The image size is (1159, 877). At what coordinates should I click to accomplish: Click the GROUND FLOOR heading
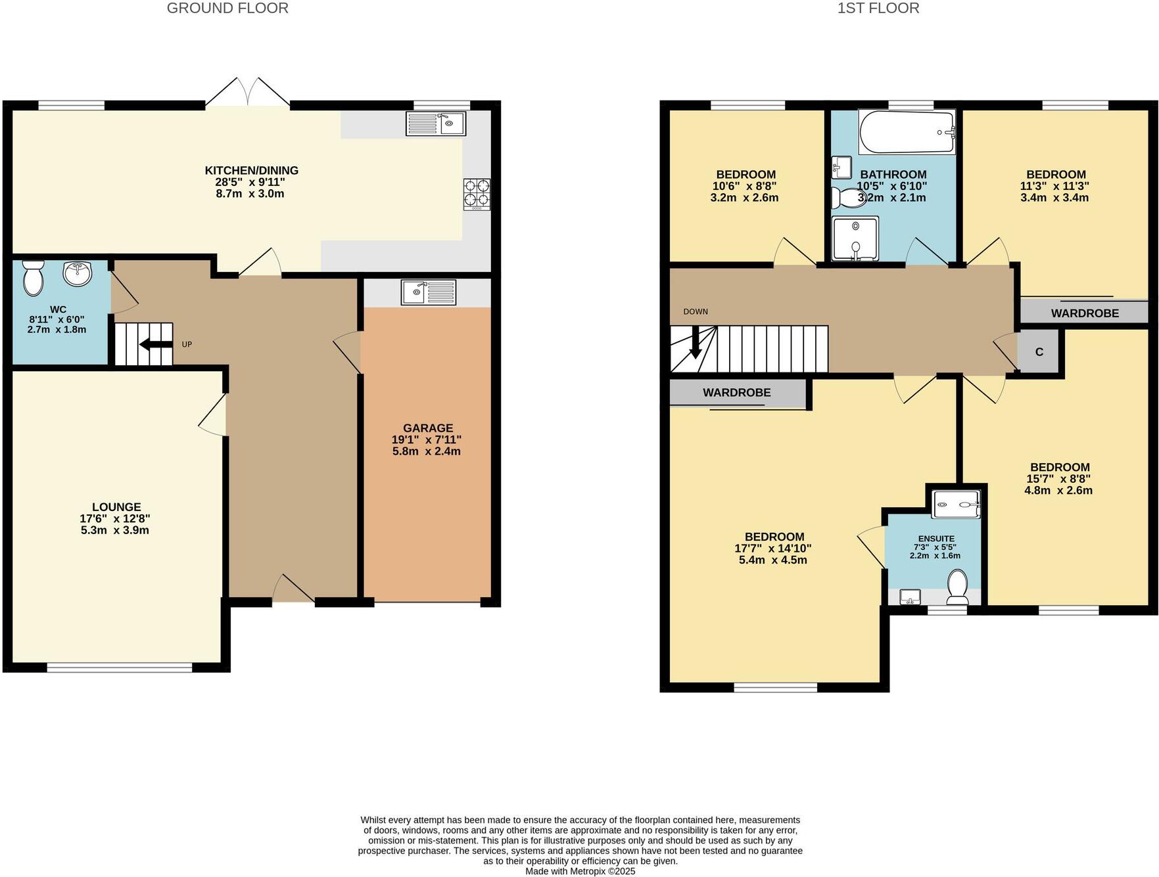[227, 9]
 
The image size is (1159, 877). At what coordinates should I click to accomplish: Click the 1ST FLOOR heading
[878, 9]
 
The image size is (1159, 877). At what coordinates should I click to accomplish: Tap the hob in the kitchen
[477, 194]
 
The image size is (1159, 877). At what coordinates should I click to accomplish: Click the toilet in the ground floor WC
[32, 278]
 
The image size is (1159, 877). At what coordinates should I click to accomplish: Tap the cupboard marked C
[1039, 352]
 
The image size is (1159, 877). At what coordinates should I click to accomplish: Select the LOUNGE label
[116, 507]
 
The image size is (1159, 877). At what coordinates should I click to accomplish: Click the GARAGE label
[428, 428]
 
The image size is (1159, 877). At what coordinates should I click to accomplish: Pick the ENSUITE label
[936, 539]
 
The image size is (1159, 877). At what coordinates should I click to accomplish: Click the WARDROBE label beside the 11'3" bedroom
[1085, 313]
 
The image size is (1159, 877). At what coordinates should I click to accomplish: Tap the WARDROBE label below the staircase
[736, 393]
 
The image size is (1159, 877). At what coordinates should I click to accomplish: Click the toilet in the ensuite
[957, 586]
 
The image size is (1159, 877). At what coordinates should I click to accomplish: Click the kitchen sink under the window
[435, 124]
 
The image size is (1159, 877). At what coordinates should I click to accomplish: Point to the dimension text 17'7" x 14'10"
[772, 549]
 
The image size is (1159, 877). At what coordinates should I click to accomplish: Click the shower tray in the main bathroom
[854, 238]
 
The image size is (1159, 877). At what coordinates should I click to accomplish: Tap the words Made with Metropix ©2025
[580, 871]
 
